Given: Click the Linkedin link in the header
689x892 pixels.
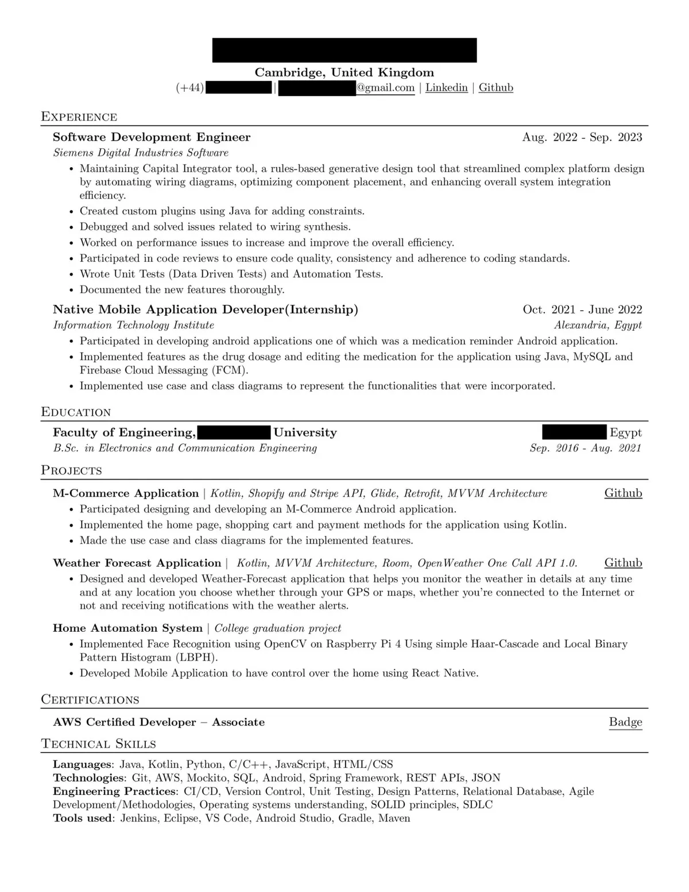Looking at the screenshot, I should [x=446, y=88].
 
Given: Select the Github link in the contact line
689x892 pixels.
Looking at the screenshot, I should [x=496, y=88].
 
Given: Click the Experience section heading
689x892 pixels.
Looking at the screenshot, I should [x=79, y=117].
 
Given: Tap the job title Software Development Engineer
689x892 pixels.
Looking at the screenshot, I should [x=152, y=137].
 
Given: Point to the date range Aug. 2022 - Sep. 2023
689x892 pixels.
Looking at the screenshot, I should [x=582, y=137].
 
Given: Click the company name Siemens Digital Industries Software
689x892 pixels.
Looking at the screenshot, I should [x=141, y=153].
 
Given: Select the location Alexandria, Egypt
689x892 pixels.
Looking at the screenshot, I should [x=598, y=325].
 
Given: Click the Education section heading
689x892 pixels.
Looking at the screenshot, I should [x=76, y=412].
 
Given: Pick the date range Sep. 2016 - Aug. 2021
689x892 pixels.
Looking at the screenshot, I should [x=585, y=448].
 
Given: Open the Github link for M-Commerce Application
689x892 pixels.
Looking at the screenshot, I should [x=623, y=493].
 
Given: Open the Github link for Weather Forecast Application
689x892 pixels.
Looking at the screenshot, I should [x=623, y=563].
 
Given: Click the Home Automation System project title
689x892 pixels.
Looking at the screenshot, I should [x=127, y=628].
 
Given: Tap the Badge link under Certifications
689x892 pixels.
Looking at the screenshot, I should [x=625, y=722].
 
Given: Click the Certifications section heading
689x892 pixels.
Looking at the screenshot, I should [x=90, y=700].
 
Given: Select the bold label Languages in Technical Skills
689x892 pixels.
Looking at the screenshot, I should [x=82, y=764].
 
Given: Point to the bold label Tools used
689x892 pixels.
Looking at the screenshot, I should [x=83, y=818].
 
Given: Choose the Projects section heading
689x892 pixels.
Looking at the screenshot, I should [x=71, y=470].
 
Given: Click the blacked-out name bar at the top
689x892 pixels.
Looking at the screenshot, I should [x=344, y=50].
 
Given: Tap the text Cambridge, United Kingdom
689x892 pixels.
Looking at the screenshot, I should [x=344, y=72].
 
